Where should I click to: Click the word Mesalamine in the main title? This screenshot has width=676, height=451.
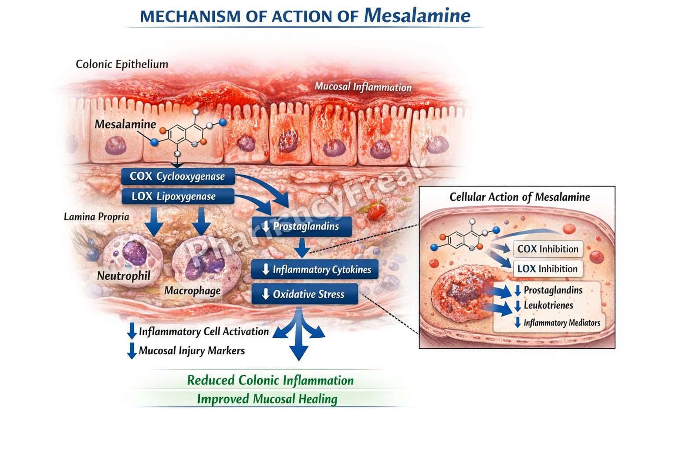pos(417,15)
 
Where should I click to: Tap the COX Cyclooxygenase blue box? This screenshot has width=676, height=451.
pos(178,176)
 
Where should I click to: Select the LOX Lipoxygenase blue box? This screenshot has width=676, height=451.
pos(178,196)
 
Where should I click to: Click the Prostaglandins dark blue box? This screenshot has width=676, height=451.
pos(302,226)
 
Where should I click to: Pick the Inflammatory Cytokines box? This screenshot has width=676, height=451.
pos(315,270)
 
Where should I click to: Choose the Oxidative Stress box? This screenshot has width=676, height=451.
pos(305,294)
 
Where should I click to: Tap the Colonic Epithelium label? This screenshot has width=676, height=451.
pos(122,64)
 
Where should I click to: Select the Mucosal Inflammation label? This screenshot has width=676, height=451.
pos(363,87)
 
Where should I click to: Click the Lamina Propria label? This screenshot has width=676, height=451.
pos(96,217)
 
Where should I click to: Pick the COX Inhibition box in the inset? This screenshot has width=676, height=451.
pos(547,249)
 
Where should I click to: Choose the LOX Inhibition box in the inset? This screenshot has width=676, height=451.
pos(547,269)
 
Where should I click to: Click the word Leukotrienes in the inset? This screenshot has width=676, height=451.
pos(548,305)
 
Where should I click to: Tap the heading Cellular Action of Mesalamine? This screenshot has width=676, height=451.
pos(519,197)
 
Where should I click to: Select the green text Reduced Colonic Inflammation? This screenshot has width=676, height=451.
pos(270,381)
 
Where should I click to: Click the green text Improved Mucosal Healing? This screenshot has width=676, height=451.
pos(267,399)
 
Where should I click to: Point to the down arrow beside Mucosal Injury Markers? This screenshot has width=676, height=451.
pos(132,351)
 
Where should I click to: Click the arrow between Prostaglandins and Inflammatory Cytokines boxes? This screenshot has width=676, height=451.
pos(302,248)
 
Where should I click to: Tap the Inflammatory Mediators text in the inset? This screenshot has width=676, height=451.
pos(562,323)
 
